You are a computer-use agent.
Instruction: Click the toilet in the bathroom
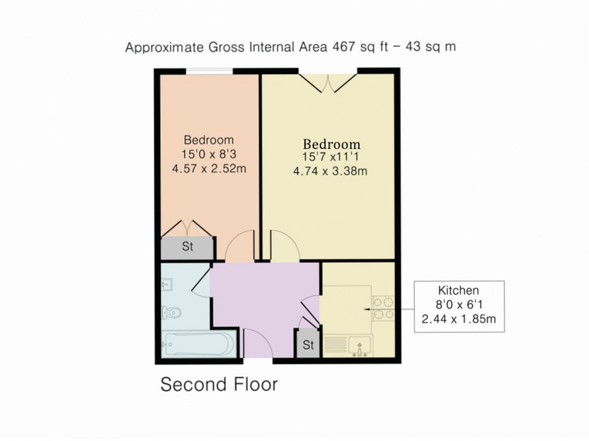click(171, 312)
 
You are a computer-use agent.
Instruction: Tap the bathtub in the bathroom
click(199, 344)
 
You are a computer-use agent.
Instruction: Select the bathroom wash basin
click(167, 284)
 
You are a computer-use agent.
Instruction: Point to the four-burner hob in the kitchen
click(383, 308)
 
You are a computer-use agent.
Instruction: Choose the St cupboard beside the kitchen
click(308, 344)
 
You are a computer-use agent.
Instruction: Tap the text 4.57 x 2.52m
click(209, 169)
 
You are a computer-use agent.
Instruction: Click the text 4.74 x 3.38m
click(330, 171)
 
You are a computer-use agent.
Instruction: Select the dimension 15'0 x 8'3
click(209, 154)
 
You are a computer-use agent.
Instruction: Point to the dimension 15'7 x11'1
click(330, 157)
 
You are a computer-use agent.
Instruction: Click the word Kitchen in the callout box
click(458, 290)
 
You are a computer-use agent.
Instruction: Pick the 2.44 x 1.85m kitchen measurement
click(458, 319)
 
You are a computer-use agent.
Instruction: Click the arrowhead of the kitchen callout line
click(366, 309)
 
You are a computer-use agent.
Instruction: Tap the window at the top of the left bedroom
click(210, 71)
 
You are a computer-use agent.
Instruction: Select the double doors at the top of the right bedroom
click(328, 83)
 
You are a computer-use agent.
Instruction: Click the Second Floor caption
click(219, 385)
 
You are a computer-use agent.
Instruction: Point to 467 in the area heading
click(344, 47)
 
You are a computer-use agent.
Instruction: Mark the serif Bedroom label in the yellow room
click(332, 144)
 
